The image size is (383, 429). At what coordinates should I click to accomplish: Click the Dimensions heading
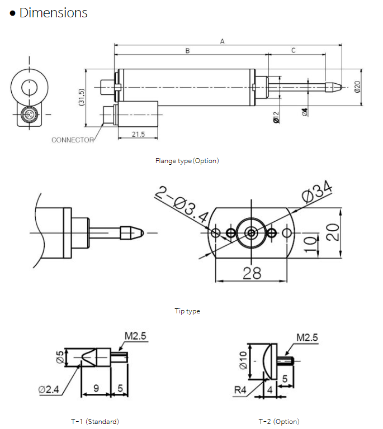click(x=53, y=13)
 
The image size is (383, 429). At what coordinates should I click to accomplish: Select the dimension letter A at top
click(x=222, y=41)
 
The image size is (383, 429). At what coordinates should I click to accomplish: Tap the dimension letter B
click(x=188, y=50)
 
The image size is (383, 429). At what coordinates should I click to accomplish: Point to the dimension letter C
click(x=294, y=50)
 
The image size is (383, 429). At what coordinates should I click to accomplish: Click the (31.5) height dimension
click(x=81, y=98)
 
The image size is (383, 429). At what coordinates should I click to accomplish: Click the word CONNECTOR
click(x=73, y=140)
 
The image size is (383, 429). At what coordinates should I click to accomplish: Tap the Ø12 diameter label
click(x=276, y=116)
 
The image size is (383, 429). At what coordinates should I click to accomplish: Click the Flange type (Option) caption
click(x=187, y=161)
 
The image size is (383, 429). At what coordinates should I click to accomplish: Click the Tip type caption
click(x=187, y=311)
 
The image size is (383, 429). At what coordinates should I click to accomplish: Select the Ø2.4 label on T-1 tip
click(x=50, y=389)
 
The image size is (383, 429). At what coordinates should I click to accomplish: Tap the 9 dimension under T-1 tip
click(x=96, y=387)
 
